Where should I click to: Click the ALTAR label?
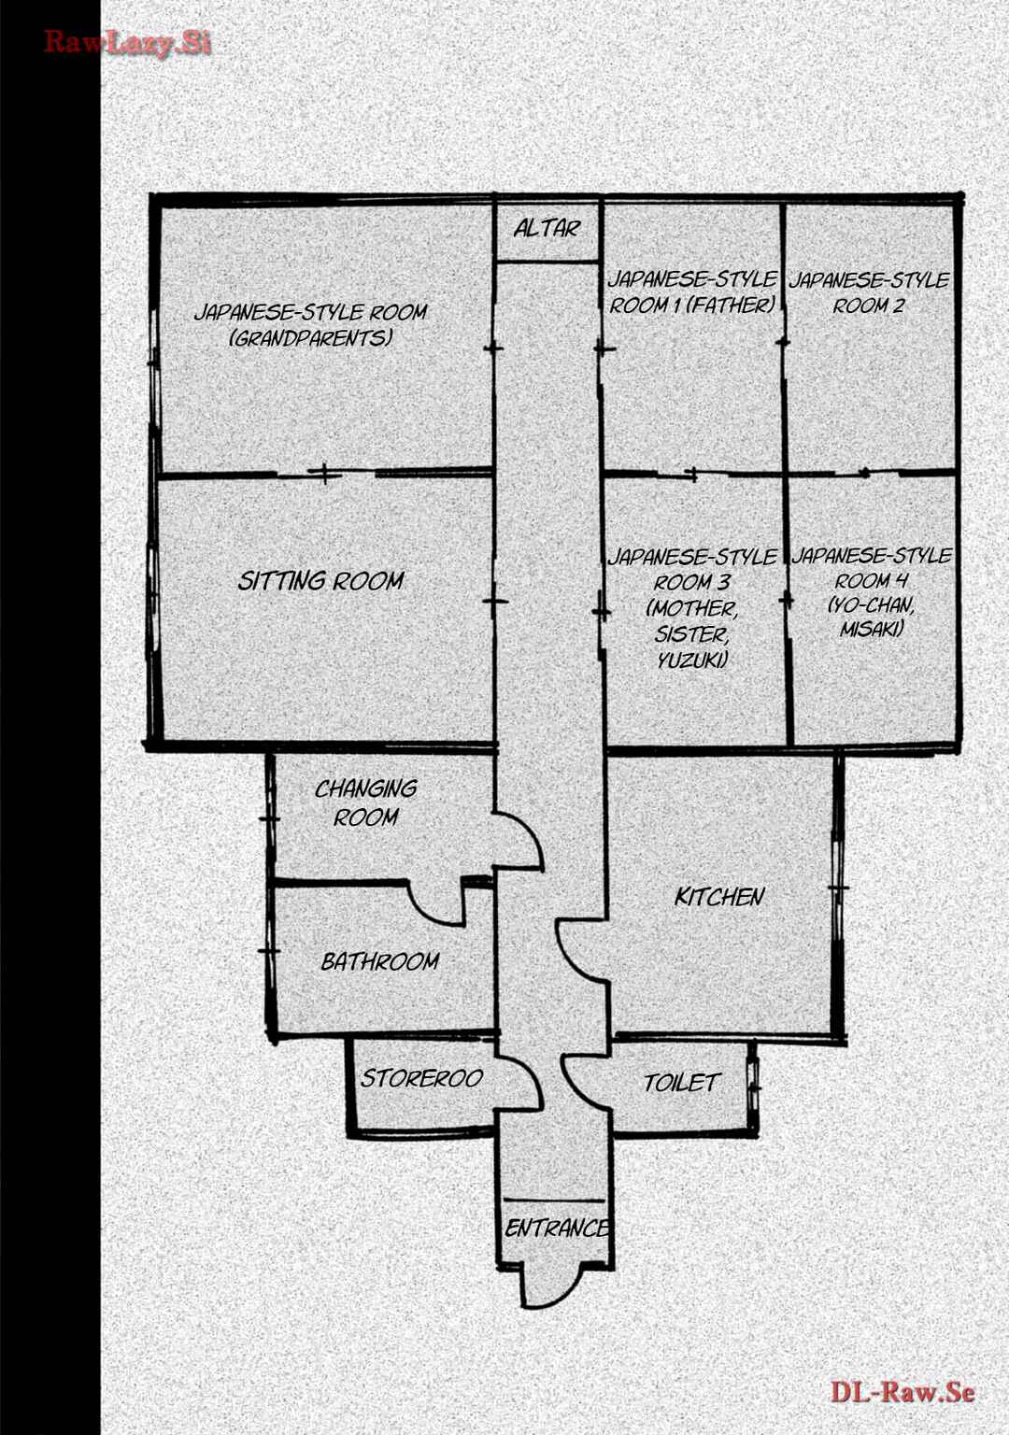pyautogui.click(x=547, y=228)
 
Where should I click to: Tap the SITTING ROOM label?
pyautogui.click(x=320, y=581)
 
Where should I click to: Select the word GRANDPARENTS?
pyautogui.click(x=311, y=338)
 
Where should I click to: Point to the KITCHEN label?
pyautogui.click(x=719, y=897)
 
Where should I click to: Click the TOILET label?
pyautogui.click(x=680, y=1083)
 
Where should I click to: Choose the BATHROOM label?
pyautogui.click(x=380, y=961)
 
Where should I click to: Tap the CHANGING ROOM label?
pyautogui.click(x=366, y=803)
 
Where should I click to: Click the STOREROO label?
pyautogui.click(x=421, y=1079)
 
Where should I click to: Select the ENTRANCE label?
pyautogui.click(x=557, y=1229)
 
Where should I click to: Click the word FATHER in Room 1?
pyautogui.click(x=731, y=305)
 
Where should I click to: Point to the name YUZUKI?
pyautogui.click(x=692, y=660)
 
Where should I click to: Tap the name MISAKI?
pyautogui.click(x=872, y=630)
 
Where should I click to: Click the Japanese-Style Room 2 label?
pyautogui.click(x=869, y=292)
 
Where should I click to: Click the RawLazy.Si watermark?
pyautogui.click(x=127, y=43)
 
